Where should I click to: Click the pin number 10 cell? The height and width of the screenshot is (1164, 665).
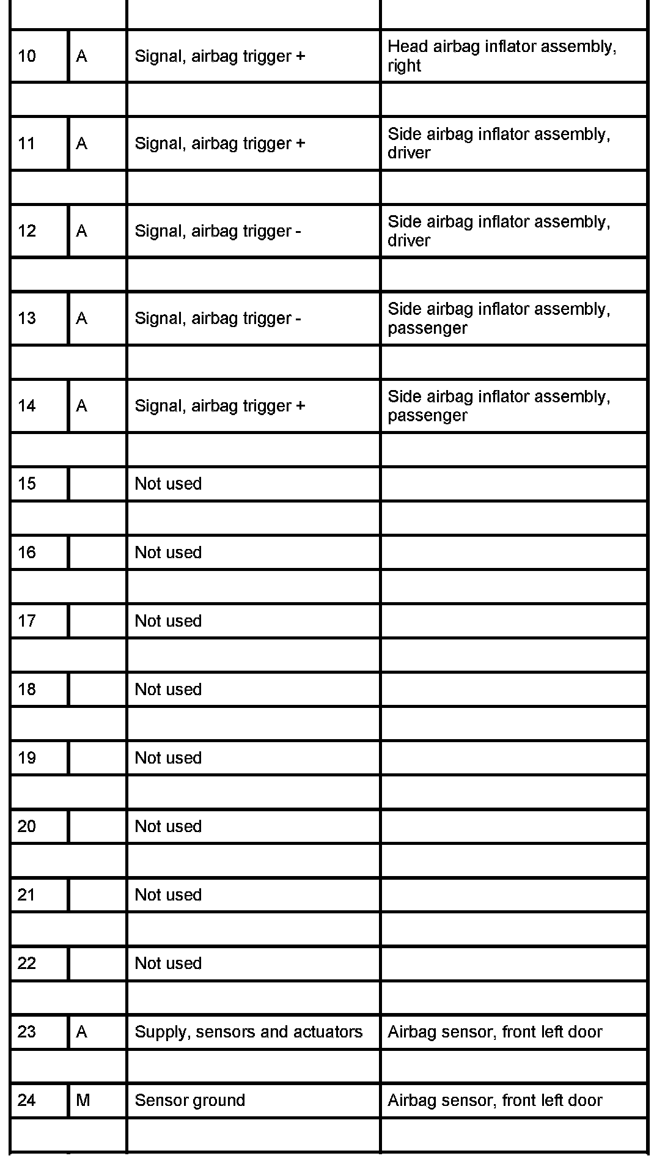[27, 56]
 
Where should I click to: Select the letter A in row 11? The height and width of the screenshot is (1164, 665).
[82, 144]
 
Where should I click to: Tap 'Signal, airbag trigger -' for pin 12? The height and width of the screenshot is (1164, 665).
[218, 231]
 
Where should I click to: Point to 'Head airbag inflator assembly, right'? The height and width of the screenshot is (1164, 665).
[502, 56]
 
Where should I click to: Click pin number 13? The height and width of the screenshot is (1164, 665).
[27, 319]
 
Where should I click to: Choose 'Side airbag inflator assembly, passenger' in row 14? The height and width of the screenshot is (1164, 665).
[499, 406]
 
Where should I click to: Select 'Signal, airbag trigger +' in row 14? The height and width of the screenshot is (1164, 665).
[220, 406]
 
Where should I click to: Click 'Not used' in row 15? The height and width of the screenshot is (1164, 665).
[168, 484]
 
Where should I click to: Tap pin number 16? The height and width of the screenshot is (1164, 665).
[27, 553]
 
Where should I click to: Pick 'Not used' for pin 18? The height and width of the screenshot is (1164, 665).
[168, 690]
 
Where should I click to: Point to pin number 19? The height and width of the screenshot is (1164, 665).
[27, 758]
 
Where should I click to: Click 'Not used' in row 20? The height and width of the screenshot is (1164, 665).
[168, 827]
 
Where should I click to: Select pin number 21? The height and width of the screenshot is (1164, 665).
[27, 895]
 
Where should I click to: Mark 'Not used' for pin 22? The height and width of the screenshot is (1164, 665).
[168, 963]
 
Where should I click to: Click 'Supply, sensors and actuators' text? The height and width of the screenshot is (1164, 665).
[248, 1032]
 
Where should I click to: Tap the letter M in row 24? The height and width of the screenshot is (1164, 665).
[83, 1100]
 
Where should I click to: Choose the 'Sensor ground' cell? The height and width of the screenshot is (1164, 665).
[190, 1100]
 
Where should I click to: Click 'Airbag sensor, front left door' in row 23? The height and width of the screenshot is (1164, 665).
[495, 1032]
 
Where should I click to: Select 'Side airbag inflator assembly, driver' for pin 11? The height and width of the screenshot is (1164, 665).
[499, 144]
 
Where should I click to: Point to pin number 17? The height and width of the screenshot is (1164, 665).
[27, 621]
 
